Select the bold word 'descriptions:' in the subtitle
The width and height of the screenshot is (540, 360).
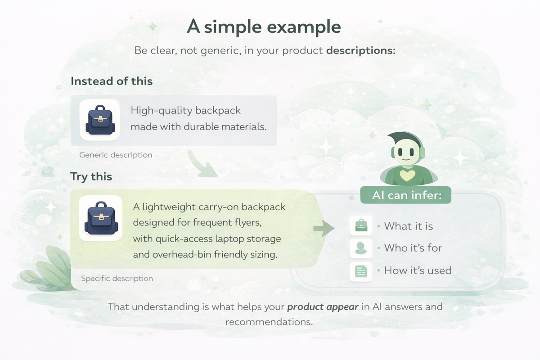(x=360, y=50)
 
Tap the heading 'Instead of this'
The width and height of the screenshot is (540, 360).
(x=112, y=81)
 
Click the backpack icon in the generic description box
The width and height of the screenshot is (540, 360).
(x=99, y=120)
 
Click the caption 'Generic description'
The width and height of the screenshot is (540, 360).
(x=116, y=155)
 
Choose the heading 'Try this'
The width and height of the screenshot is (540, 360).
(x=91, y=176)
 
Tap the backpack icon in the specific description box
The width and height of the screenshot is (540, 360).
(x=100, y=218)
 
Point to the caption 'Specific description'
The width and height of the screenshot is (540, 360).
(x=117, y=279)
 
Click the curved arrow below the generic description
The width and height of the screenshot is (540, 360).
(x=201, y=165)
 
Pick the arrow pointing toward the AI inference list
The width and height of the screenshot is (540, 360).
(x=324, y=228)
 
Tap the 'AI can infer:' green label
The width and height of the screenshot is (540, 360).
(x=405, y=196)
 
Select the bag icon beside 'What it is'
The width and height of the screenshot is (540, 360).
(x=361, y=225)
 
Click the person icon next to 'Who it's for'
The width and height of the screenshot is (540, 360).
(x=361, y=248)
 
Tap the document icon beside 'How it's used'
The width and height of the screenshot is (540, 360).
(x=361, y=271)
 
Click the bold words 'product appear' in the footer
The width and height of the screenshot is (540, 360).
(x=323, y=308)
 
